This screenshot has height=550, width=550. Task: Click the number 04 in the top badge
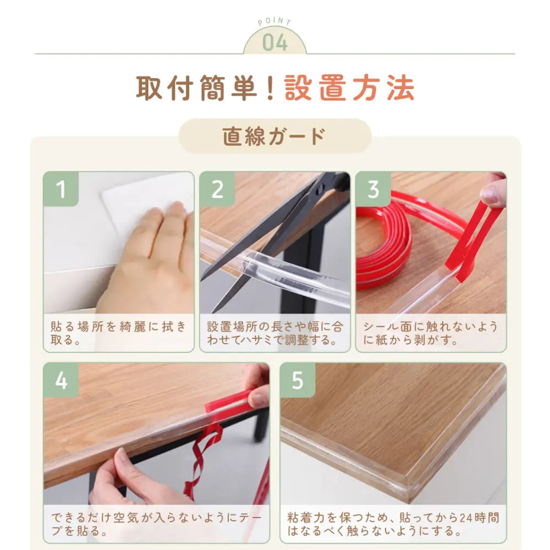click(x=275, y=42)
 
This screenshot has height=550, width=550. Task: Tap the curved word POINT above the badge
click(x=274, y=22)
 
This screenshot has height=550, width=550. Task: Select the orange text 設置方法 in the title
click(x=349, y=88)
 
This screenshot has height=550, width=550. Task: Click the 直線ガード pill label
click(x=274, y=136)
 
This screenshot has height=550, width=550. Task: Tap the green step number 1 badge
click(x=61, y=189)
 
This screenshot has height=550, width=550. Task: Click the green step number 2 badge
click(x=217, y=189)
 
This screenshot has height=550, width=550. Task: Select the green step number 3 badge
click(x=373, y=189)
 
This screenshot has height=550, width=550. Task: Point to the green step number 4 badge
click(x=61, y=380)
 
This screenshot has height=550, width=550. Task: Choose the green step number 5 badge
click(x=298, y=380)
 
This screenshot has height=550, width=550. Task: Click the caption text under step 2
click(x=275, y=333)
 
